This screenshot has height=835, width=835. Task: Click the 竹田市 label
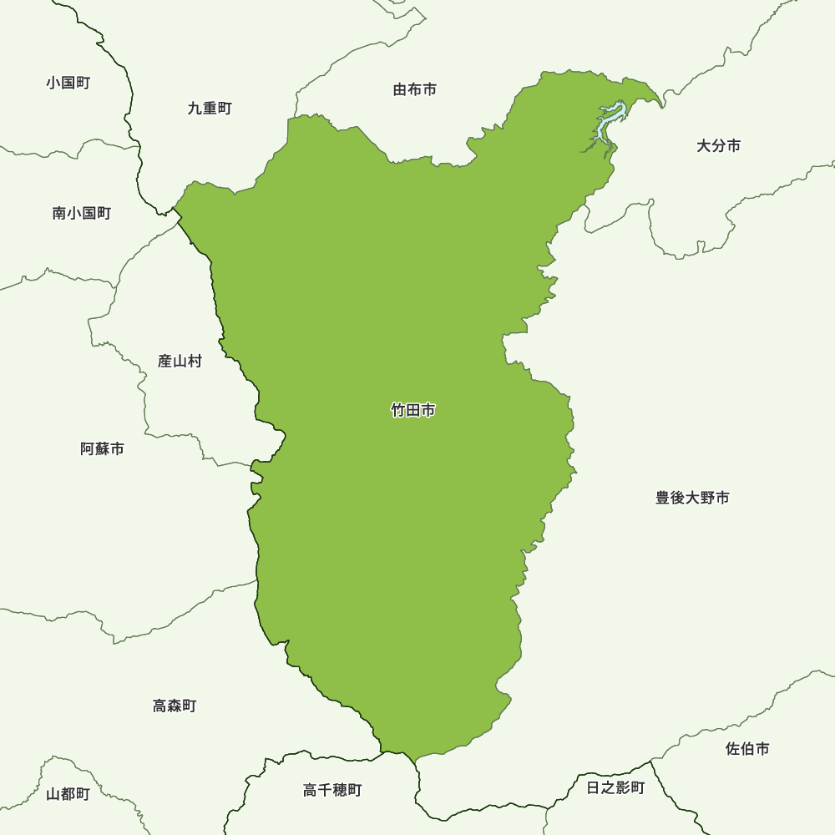pyautogui.click(x=413, y=410)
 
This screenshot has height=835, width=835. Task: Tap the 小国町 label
pyautogui.click(x=68, y=83)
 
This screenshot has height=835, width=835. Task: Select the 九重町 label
pyautogui.click(x=210, y=108)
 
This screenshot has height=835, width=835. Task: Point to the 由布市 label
pyautogui.click(x=415, y=89)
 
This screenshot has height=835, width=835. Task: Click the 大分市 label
pyautogui.click(x=718, y=146)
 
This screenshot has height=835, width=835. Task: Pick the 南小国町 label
pyautogui.click(x=81, y=213)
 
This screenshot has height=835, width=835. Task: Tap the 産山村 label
pyautogui.click(x=180, y=362)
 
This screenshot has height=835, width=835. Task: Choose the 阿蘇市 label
pyautogui.click(x=103, y=448)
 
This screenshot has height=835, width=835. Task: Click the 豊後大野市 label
pyautogui.click(x=692, y=498)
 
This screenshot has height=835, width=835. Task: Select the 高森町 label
pyautogui.click(x=175, y=706)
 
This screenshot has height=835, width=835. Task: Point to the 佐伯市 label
pyautogui.click(x=747, y=749)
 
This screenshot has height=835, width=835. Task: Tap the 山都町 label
pyautogui.click(x=68, y=793)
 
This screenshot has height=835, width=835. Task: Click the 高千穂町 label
pyautogui.click(x=332, y=790)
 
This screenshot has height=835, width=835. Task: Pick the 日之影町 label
pyautogui.click(x=615, y=787)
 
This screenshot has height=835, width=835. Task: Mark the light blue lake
pyautogui.click(x=609, y=122)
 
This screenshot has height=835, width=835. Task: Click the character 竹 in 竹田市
pyautogui.click(x=398, y=410)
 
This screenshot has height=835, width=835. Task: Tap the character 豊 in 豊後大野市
pyautogui.click(x=663, y=498)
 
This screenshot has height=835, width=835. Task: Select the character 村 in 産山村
pyautogui.click(x=195, y=362)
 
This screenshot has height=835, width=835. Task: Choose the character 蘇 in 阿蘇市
pyautogui.click(x=103, y=448)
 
